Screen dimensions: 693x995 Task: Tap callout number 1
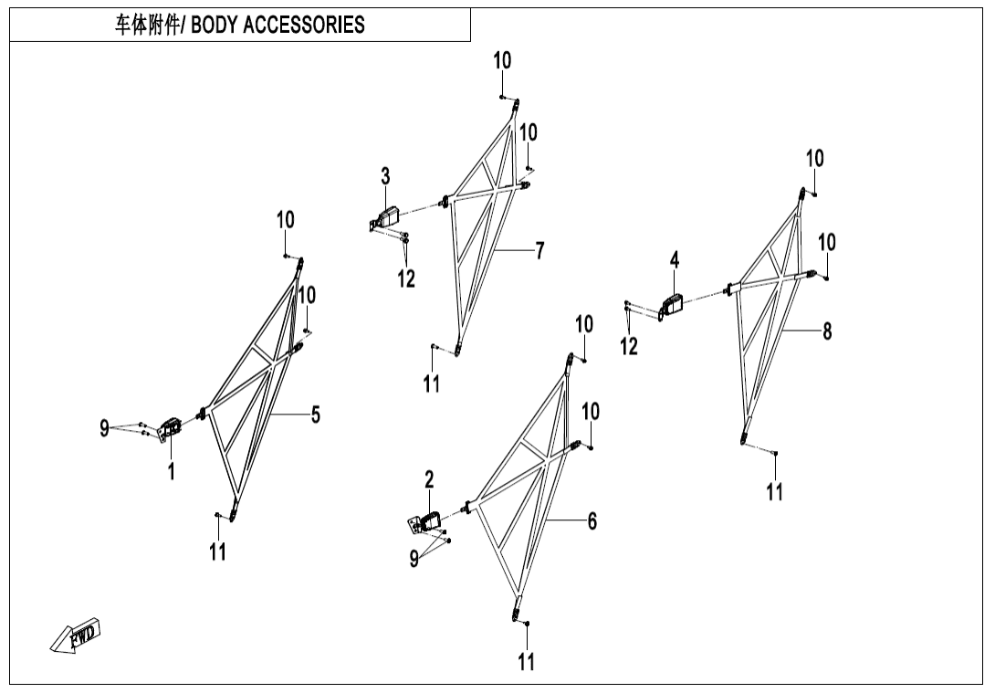pyautogui.click(x=171, y=471)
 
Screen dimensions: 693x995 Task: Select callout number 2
pyautogui.click(x=429, y=479)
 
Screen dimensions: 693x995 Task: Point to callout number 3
pyautogui.click(x=386, y=175)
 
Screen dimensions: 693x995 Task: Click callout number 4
pyautogui.click(x=675, y=260)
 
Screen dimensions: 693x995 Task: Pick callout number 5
pyautogui.click(x=315, y=415)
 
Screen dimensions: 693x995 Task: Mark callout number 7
pyautogui.click(x=539, y=250)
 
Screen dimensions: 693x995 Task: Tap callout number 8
pyautogui.click(x=827, y=331)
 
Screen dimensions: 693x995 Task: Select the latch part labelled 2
pyautogui.click(x=426, y=521)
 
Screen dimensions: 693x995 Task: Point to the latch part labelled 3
pyautogui.click(x=388, y=217)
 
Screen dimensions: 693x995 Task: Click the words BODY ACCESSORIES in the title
pyautogui.click(x=278, y=25)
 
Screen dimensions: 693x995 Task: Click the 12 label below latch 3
pyautogui.click(x=406, y=278)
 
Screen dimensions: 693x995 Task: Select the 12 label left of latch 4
pyautogui.click(x=629, y=346)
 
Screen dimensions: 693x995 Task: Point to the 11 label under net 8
pyautogui.click(x=774, y=492)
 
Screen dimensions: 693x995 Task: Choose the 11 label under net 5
pyautogui.click(x=217, y=552)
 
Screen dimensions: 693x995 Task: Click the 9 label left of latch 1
pyautogui.click(x=105, y=426)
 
